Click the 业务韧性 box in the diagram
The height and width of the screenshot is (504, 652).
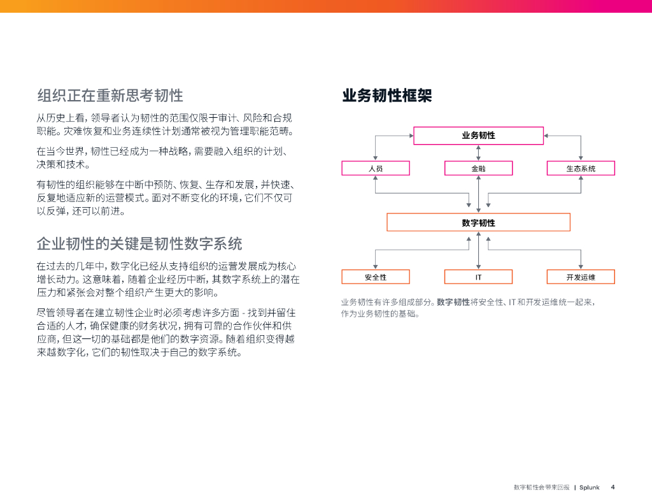tap(478, 136)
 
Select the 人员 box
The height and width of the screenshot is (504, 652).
tap(376, 168)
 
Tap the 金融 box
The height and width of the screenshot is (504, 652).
tap(478, 168)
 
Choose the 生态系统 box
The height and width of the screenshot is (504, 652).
tap(581, 168)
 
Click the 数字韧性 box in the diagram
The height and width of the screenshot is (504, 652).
tap(478, 222)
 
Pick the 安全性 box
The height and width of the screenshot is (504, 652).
tap(376, 277)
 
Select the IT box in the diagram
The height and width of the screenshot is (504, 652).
tap(478, 277)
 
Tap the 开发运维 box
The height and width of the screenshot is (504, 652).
tap(581, 277)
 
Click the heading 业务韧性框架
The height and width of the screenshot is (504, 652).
tap(387, 96)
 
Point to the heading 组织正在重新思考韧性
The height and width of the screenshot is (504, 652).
tap(110, 96)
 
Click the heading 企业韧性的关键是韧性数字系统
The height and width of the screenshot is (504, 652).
tap(139, 244)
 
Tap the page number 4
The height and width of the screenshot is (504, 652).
tap(613, 487)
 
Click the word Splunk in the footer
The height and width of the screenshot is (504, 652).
tap(590, 487)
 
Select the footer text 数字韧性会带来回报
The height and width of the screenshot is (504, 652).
tap(541, 487)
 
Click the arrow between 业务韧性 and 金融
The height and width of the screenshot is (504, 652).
tap(478, 153)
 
